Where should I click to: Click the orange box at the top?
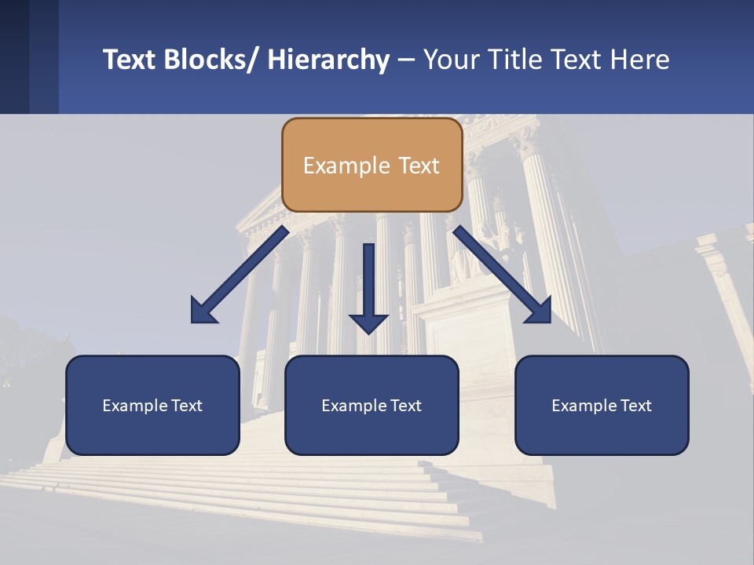[x=372, y=165]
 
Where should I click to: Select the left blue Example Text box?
[x=152, y=405]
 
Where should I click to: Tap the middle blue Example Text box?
[x=372, y=405]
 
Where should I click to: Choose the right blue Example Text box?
[x=602, y=405]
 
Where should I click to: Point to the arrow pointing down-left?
[x=240, y=274]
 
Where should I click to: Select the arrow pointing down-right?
[x=503, y=274]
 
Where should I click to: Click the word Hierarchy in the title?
[x=328, y=60]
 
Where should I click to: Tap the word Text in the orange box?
[x=419, y=166]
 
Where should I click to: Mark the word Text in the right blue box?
[x=635, y=406]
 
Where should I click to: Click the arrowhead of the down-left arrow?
[x=203, y=311]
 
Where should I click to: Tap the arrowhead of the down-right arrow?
[x=540, y=311]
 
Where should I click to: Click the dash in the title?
[x=406, y=60]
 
